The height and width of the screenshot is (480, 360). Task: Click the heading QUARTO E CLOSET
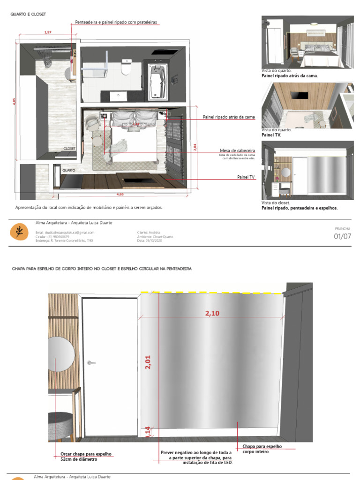click(x=28, y=15)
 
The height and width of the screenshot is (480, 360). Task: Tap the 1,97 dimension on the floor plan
click(x=47, y=32)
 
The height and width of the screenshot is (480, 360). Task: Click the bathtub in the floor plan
click(x=157, y=82)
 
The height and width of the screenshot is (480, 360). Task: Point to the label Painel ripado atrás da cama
click(x=228, y=117)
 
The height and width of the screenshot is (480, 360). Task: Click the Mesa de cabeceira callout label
click(x=237, y=150)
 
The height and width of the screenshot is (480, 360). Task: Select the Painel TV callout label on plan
click(x=246, y=178)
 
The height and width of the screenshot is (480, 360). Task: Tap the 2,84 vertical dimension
click(x=195, y=147)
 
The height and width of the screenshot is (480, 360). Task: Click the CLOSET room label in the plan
click(x=69, y=149)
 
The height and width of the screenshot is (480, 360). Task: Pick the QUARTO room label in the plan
click(x=69, y=171)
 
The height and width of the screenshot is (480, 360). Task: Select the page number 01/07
click(x=342, y=236)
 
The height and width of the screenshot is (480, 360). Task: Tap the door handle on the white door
click(x=92, y=362)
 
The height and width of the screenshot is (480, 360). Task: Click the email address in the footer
click(x=65, y=232)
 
